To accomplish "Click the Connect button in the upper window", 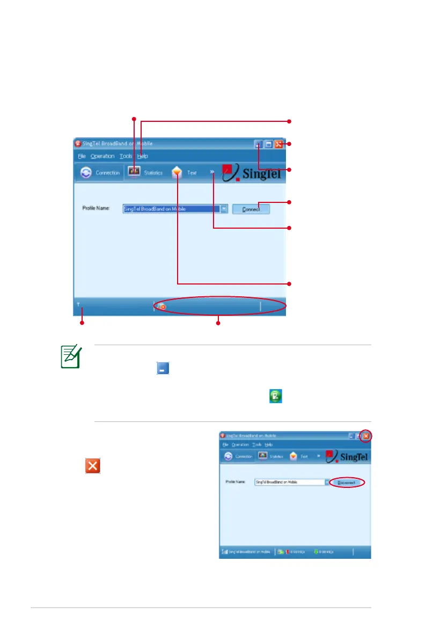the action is tap(251, 209).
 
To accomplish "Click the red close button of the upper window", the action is tap(278, 144).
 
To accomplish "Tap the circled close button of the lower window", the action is tap(366, 436).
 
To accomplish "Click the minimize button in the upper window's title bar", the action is tap(259, 144).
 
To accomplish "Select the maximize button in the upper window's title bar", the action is tap(268, 144).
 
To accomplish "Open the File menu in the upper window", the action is tap(81, 156).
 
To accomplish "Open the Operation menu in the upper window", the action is tap(102, 156).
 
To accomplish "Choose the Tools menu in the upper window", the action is tap(126, 156).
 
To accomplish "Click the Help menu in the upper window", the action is tap(142, 156).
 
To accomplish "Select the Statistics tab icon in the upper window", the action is tap(134, 172).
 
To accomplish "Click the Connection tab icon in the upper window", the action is tap(86, 173).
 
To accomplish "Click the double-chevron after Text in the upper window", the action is tap(212, 172).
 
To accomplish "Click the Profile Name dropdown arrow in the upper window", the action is tap(224, 209).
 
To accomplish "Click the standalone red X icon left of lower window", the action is tap(92, 465).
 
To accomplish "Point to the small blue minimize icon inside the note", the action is tap(163, 368).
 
